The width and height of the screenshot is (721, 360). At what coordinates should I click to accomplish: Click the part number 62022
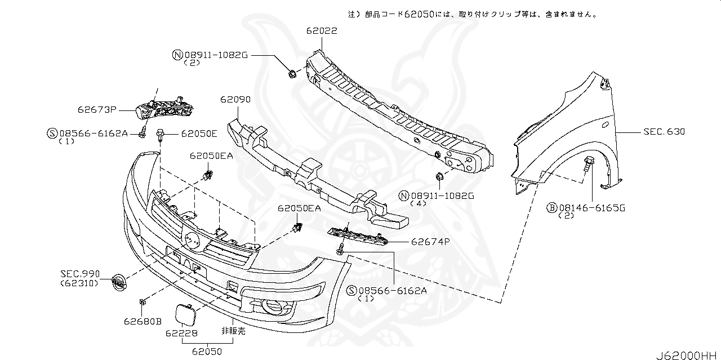pyautogui.click(x=322, y=31)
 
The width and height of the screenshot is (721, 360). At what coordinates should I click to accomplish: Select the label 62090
pyautogui.click(x=235, y=99)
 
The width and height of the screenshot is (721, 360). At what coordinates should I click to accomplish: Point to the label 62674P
pyautogui.click(x=430, y=242)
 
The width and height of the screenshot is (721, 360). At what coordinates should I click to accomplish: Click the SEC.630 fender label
pyautogui.click(x=664, y=132)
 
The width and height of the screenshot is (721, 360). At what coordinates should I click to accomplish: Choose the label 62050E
pyautogui.click(x=199, y=134)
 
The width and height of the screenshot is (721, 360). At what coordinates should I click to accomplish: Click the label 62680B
pyautogui.click(x=143, y=322)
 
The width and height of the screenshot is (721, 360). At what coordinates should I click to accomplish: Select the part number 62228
pyautogui.click(x=181, y=333)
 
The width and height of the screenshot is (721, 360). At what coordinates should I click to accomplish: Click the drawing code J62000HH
pyautogui.click(x=687, y=355)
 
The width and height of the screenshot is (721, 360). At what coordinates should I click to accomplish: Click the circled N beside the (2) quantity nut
pyautogui.click(x=177, y=55)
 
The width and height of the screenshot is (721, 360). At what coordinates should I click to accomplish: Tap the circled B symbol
pyautogui.click(x=551, y=208)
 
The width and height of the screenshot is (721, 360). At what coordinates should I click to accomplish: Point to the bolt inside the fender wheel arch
pyautogui.click(x=589, y=166)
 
